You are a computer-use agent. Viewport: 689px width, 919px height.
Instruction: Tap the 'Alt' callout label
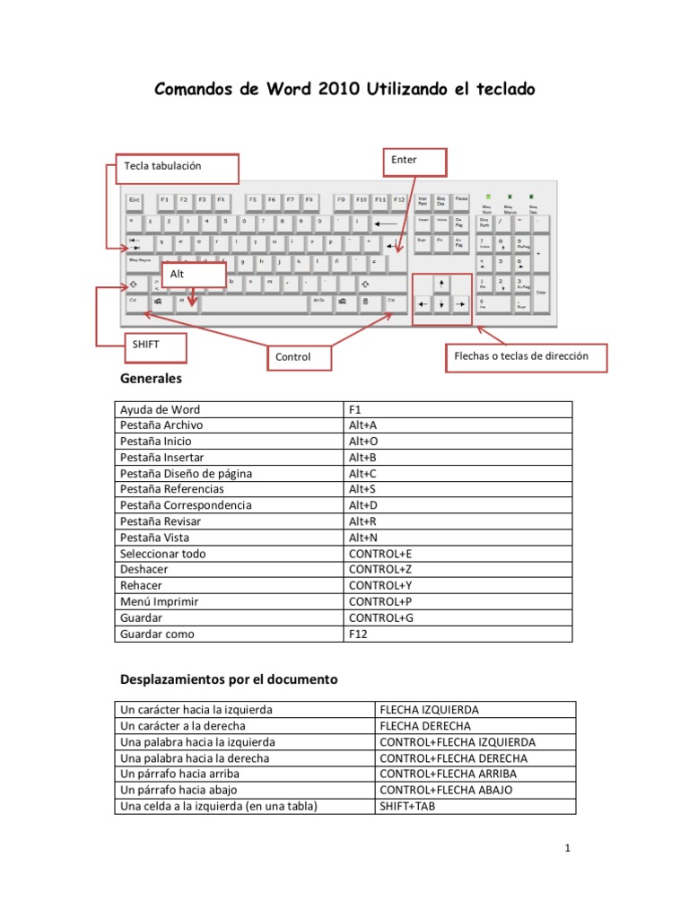click(x=193, y=275)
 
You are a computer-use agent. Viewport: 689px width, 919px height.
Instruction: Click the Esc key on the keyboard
click(x=135, y=199)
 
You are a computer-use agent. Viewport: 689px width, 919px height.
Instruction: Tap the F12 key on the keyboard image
click(x=399, y=199)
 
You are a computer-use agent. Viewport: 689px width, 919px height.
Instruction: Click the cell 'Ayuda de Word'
click(x=161, y=409)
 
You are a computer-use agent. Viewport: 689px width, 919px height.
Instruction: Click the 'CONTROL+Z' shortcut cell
click(x=380, y=570)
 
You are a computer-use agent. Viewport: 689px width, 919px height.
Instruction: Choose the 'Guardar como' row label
click(x=157, y=635)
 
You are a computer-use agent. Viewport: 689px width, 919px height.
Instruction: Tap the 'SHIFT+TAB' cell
click(x=406, y=806)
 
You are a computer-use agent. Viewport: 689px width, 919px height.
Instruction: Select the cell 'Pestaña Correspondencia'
click(x=186, y=505)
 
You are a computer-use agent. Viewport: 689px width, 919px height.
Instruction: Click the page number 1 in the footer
click(x=569, y=848)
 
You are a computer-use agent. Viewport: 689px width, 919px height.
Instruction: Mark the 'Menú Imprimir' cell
click(x=159, y=602)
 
